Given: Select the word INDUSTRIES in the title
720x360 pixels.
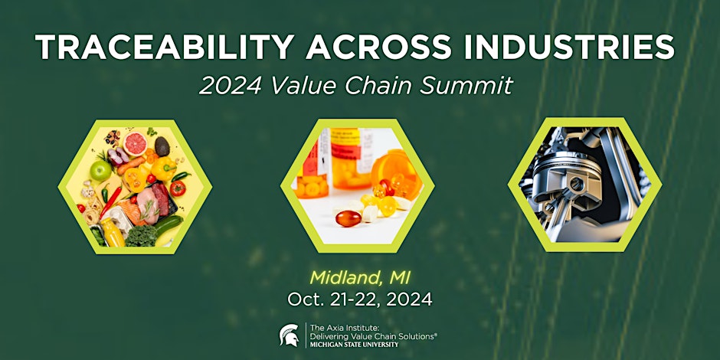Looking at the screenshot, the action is click(569, 47).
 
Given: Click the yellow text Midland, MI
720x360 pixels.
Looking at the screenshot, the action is click(360, 277).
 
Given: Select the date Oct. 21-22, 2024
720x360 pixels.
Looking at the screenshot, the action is click(360, 299).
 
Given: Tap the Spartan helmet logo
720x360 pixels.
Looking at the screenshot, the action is click(290, 335).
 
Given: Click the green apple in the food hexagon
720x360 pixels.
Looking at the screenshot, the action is click(100, 171).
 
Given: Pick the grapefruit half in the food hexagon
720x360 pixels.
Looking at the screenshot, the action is click(136, 144).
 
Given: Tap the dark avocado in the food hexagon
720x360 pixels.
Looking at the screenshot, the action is click(162, 146).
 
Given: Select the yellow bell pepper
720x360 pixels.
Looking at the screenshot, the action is click(163, 169).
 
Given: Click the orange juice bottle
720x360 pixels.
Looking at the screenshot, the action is click(113, 232).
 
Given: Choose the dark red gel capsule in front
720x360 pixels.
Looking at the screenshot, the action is click(348, 218).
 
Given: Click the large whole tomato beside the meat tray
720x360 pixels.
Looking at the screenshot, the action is click(177, 188).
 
